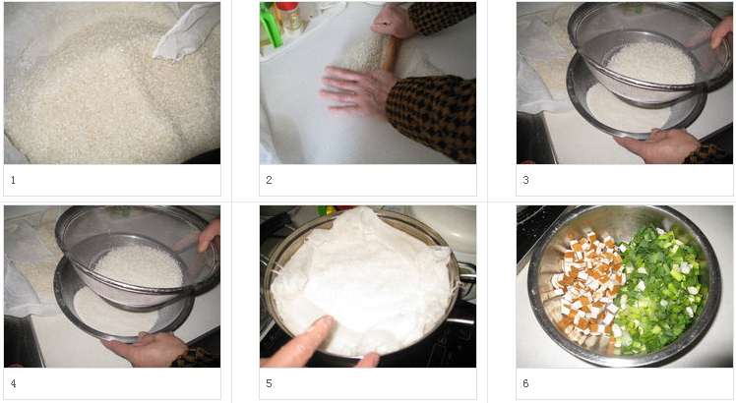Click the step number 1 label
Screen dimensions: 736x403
click(13, 180)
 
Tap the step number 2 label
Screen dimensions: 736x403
click(269, 180)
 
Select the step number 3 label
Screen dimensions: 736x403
click(525, 180)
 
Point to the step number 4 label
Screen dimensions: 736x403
click(13, 383)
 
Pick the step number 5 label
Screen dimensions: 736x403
click(269, 383)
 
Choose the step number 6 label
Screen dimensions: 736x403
click(525, 383)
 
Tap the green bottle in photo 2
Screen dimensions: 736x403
click(272, 25)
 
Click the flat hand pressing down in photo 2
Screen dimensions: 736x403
click(358, 90)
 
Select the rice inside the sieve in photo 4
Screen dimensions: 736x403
click(139, 265)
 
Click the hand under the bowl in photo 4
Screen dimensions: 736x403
click(146, 349)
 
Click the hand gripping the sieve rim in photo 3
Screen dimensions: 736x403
click(722, 32)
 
